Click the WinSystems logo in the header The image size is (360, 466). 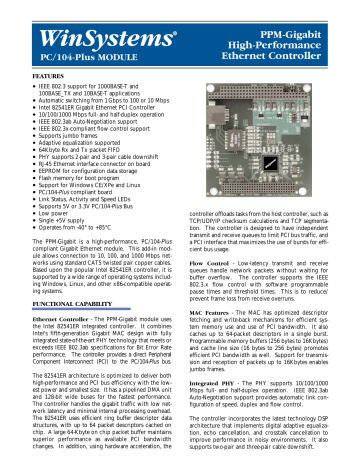pos(76,19)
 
